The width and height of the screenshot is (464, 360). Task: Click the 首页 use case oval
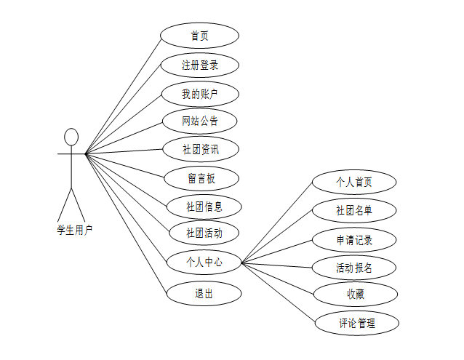coord(199,36)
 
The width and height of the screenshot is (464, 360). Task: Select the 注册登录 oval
coord(200,65)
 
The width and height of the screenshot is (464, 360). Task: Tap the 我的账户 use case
coord(200,93)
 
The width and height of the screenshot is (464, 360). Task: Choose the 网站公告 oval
coord(200,121)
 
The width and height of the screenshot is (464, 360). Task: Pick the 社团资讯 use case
coord(200,150)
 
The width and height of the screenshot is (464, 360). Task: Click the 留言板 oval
coord(200,177)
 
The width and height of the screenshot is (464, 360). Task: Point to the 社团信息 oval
coord(204,206)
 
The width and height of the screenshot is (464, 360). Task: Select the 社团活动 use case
coord(204,233)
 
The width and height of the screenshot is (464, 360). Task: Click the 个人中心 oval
coord(204,262)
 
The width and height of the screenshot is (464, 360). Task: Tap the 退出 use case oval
coord(204,294)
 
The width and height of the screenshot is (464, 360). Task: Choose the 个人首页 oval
coord(354,182)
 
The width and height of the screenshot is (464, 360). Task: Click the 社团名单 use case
coord(354,210)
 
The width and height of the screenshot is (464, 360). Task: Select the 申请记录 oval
coord(354,239)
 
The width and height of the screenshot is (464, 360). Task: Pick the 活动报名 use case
coord(354,267)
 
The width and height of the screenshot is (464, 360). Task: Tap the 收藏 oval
coord(356,295)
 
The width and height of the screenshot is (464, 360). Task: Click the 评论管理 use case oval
coord(357,323)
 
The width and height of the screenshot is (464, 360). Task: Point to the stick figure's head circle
coord(71,137)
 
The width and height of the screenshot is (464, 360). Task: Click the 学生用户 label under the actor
coord(75,229)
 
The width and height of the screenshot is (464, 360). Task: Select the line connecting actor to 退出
coord(125,223)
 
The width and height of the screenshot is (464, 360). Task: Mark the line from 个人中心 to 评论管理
coord(279,292)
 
